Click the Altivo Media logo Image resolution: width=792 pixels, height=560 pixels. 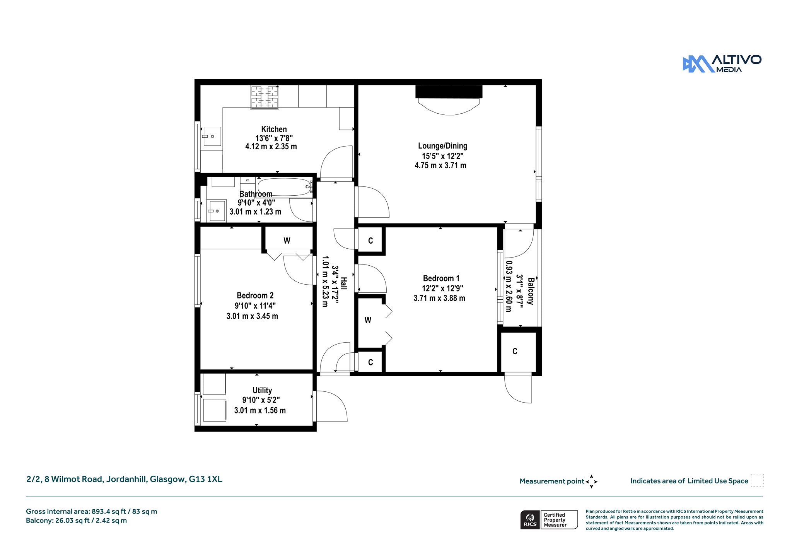coord(722,64)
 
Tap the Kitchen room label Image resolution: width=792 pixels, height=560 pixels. coord(274,129)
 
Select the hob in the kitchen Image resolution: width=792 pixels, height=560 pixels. coord(265,97)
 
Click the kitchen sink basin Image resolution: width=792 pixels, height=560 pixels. coord(212,136)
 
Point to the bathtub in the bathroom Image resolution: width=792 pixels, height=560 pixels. coord(285,188)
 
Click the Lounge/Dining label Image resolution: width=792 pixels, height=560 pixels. coord(442,146)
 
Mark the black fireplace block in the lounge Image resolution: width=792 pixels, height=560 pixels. coord(449,92)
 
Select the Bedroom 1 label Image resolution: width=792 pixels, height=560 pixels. coord(441,278)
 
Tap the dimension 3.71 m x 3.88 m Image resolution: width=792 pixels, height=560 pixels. coord(439,298)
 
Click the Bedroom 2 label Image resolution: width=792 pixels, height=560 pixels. coord(255,295)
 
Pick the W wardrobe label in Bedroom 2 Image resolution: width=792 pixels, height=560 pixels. coord(287,241)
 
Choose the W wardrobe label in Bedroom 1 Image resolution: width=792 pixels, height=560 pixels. coord(368,320)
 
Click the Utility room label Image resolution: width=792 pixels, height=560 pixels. coord(262,390)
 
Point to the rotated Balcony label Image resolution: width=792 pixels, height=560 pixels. coord(531,291)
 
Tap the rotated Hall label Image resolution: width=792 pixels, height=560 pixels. coord(344,283)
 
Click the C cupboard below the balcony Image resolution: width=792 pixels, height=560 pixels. coord(515,351)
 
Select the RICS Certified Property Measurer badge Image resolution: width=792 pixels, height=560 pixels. coord(549,519)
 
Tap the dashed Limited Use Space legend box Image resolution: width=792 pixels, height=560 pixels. coord(757,480)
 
